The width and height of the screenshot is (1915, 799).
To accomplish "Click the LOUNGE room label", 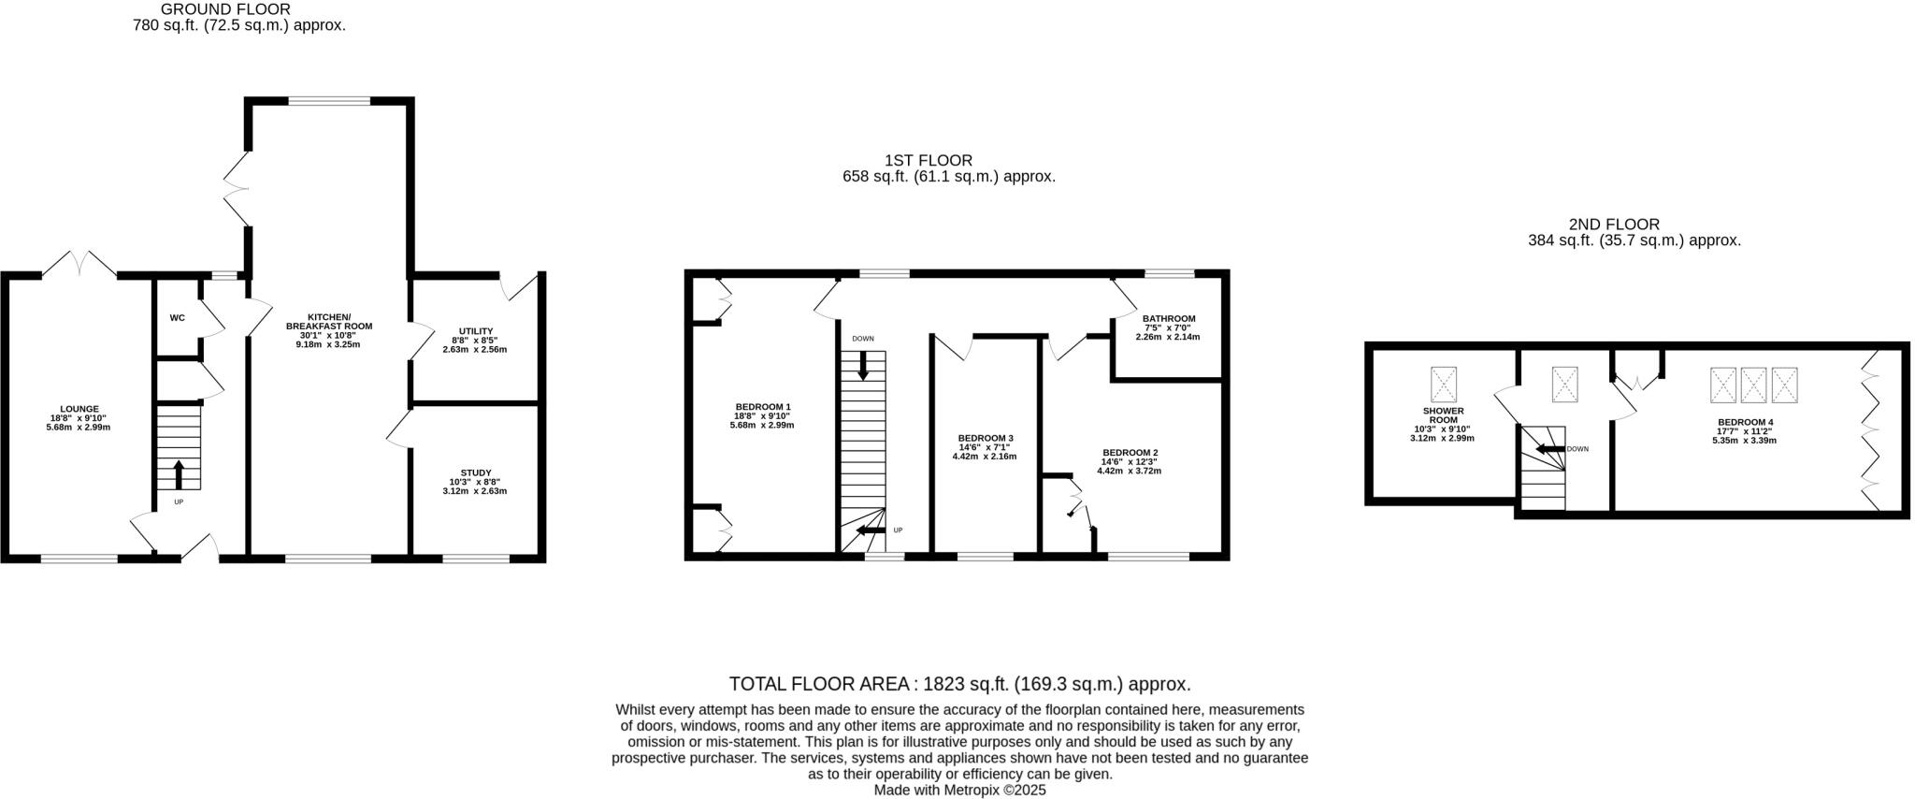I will pyautogui.click(x=79, y=409).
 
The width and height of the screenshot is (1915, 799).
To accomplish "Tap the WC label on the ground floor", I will pyautogui.click(x=178, y=318).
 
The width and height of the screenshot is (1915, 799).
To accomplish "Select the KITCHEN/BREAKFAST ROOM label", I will pyautogui.click(x=328, y=321).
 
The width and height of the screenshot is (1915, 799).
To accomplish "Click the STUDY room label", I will pyautogui.click(x=475, y=472).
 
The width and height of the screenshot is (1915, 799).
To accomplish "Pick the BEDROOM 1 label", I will pyautogui.click(x=762, y=407).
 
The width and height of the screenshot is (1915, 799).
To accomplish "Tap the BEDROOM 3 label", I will pyautogui.click(x=985, y=438).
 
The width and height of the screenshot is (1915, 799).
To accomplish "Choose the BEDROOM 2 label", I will pyautogui.click(x=1130, y=453).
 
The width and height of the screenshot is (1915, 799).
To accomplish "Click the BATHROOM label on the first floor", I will pyautogui.click(x=1168, y=318).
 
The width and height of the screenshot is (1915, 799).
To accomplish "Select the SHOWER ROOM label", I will pyautogui.click(x=1443, y=415).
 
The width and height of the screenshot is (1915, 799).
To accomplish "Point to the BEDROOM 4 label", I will pyautogui.click(x=1744, y=422).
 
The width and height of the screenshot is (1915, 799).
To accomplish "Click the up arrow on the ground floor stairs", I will pyautogui.click(x=179, y=473).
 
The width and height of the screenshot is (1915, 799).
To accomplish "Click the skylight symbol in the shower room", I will pyautogui.click(x=1444, y=384).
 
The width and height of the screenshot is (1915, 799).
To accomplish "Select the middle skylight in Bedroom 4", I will pyautogui.click(x=1754, y=385).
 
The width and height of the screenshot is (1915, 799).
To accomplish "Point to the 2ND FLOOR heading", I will pyautogui.click(x=1627, y=225).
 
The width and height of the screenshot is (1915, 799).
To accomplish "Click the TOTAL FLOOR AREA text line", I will pyautogui.click(x=959, y=684).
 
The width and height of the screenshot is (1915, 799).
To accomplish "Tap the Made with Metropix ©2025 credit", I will pyautogui.click(x=959, y=790).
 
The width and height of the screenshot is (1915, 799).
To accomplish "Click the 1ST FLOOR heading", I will pyautogui.click(x=928, y=161).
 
